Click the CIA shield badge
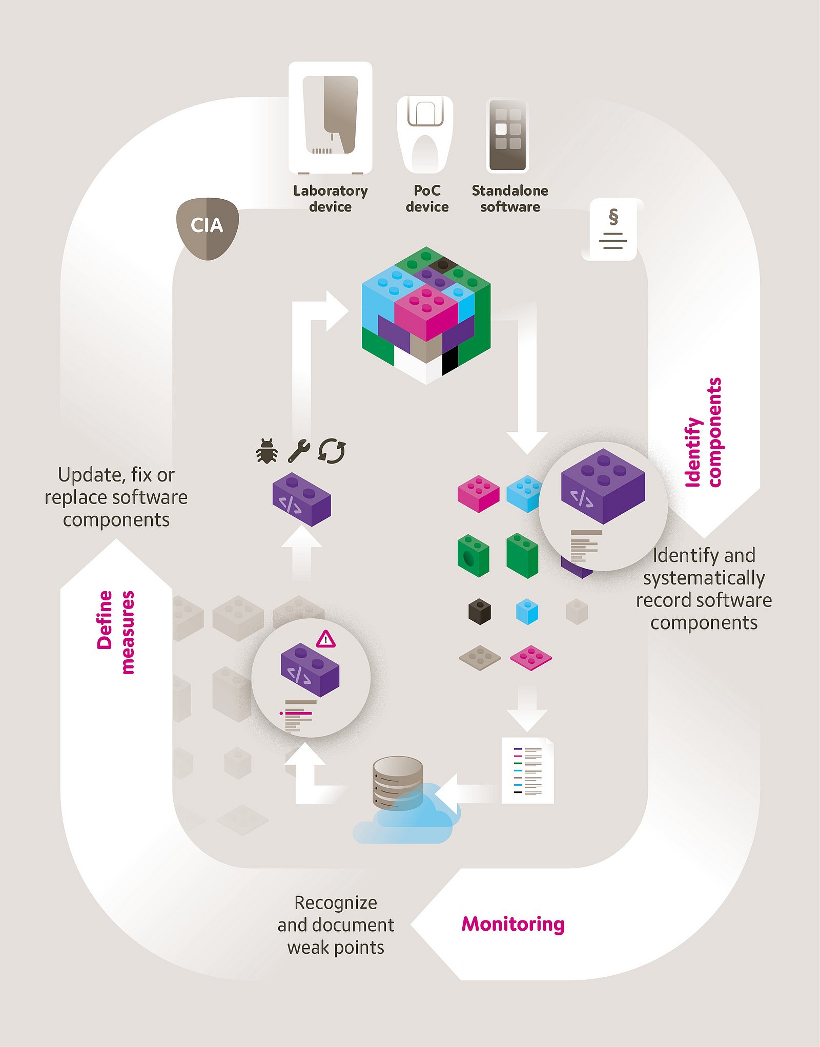point(207,228)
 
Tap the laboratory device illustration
point(331,118)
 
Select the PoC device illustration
point(425,135)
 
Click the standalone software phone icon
point(507,136)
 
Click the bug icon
point(267,451)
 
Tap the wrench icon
point(299,451)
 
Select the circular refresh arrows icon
point(332,451)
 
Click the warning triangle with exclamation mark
point(325,639)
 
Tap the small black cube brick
point(480,611)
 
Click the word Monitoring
point(513,924)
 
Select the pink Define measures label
point(116,632)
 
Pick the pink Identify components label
point(704,432)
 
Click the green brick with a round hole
point(473,556)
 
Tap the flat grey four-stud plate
point(480,657)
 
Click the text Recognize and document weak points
point(336,925)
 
